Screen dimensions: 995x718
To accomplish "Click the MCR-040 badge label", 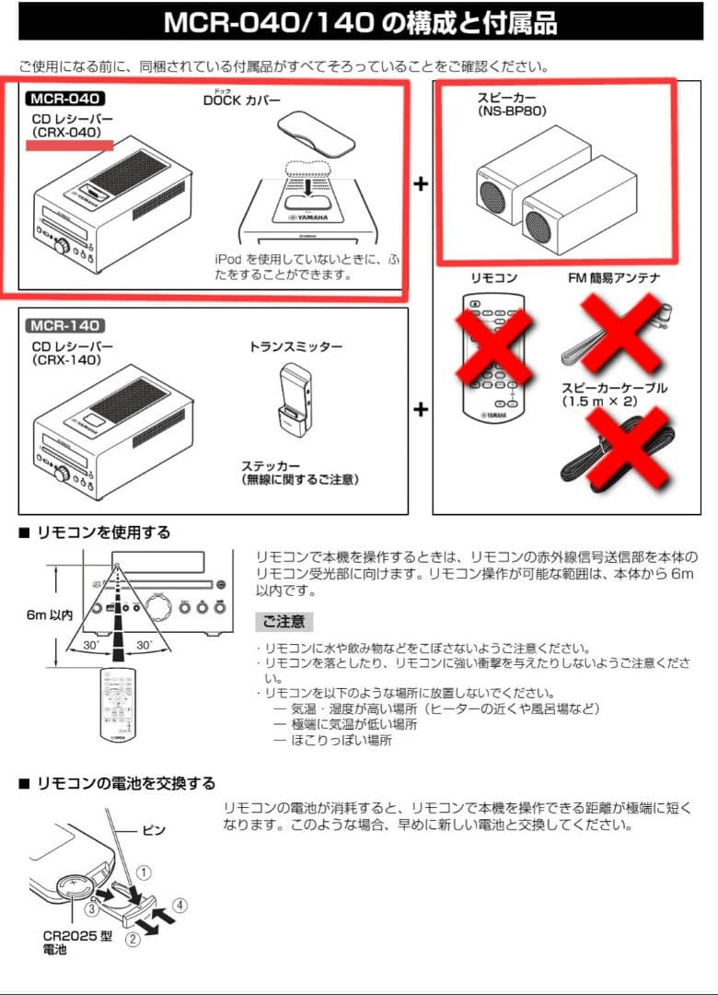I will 65,98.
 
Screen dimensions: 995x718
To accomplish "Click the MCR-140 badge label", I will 65,324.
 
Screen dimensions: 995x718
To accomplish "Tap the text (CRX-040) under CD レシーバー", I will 65,132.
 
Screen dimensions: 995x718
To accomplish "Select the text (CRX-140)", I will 65,360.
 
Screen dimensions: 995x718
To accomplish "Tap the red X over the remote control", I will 493,349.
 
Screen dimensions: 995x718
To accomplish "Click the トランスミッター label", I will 295,346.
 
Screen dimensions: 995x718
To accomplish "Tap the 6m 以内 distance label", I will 49,615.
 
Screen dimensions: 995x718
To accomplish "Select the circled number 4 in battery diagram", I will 179,905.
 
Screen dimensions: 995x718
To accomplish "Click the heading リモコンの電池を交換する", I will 126,783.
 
